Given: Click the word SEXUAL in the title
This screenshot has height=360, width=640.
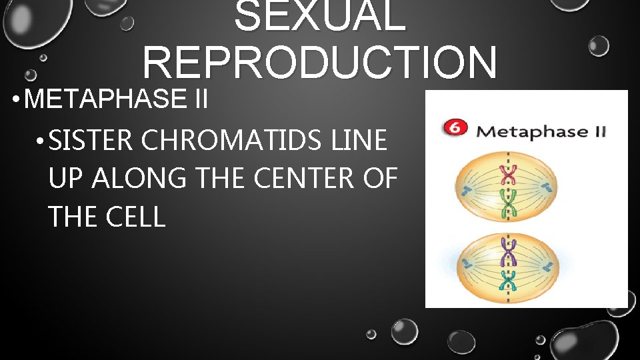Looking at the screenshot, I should click(x=319, y=16).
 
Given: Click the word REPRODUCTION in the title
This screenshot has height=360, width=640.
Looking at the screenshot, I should click(x=319, y=63).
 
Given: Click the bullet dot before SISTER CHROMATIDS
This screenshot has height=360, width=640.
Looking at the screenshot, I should click(x=41, y=142).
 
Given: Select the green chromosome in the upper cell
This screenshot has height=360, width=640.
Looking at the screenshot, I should click(x=510, y=203).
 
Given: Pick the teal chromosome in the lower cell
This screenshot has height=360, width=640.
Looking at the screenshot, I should click(x=510, y=281).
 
